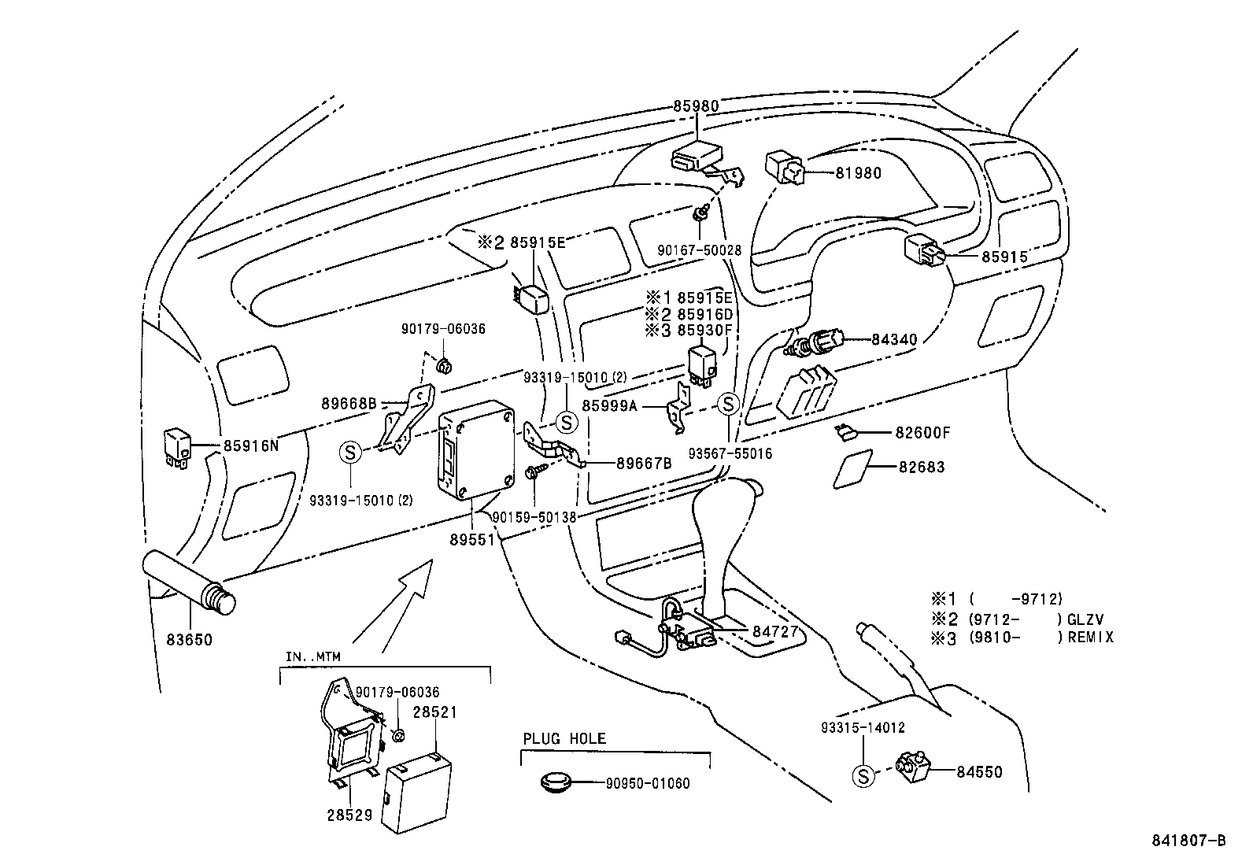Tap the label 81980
click(x=858, y=173)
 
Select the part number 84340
click(x=894, y=339)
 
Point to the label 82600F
click(x=922, y=433)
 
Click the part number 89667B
click(x=643, y=464)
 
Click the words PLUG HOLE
click(x=564, y=738)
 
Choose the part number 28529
click(x=349, y=815)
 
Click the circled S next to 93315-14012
click(x=863, y=777)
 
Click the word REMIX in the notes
click(x=1091, y=638)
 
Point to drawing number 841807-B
click(x=1191, y=841)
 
